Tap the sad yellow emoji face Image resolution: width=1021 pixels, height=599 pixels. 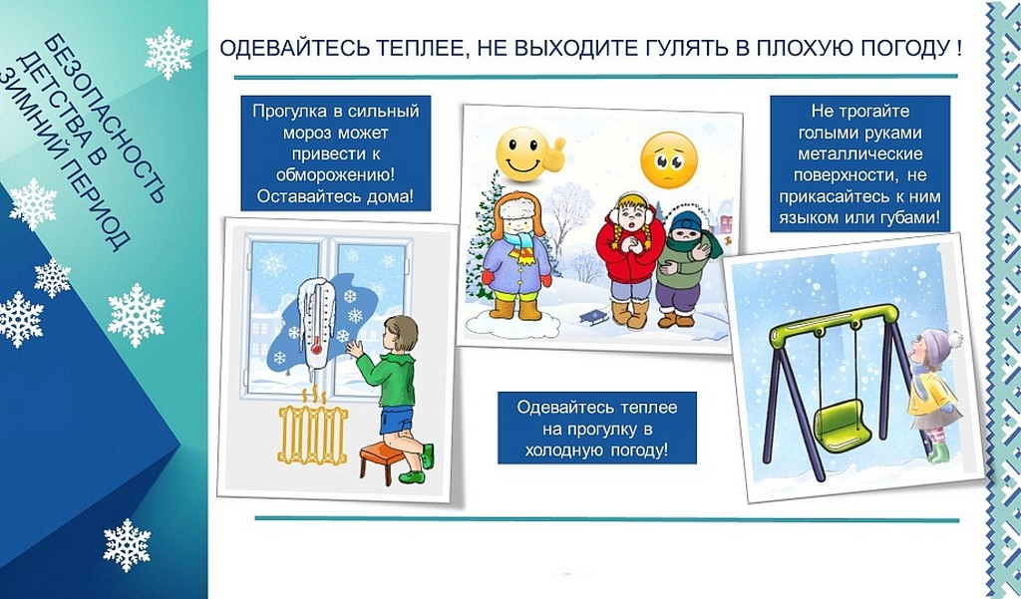click(x=669, y=159)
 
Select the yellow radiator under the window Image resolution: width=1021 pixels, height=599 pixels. click(x=312, y=433)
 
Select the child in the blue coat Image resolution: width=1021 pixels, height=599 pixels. click(x=516, y=255)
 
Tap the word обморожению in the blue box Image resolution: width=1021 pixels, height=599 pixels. click(x=336, y=175)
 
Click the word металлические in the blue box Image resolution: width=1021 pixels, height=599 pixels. click(x=860, y=154)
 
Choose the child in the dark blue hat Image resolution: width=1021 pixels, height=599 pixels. click(x=684, y=267)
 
